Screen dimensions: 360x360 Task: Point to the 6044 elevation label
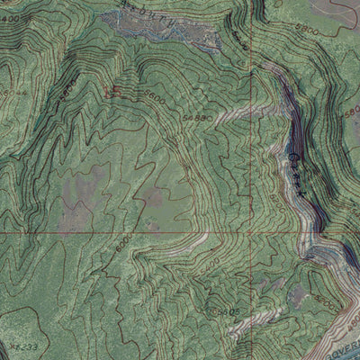14,94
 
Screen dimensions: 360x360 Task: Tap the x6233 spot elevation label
24,346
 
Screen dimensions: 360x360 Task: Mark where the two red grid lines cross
251,232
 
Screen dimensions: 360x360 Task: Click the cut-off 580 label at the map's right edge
351,114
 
